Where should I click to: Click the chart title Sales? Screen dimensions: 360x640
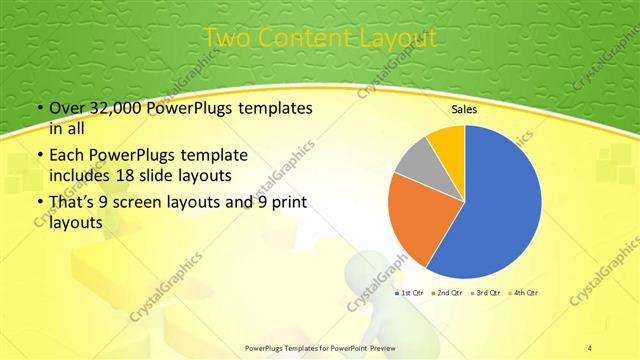point(463,109)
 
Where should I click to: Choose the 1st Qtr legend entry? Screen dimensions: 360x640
point(411,292)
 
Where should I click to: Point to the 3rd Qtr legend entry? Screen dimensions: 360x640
point(486,292)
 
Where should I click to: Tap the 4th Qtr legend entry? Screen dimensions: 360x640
point(523,292)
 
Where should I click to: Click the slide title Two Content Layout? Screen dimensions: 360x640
point(320,38)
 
